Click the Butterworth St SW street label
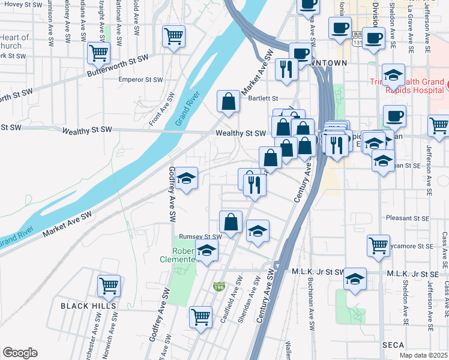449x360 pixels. pyautogui.click(x=118, y=65)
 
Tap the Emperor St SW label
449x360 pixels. pyautogui.click(x=141, y=80)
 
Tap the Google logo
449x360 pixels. pyautogui.click(x=20, y=353)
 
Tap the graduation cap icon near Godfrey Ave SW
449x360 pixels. pyautogui.click(x=187, y=178)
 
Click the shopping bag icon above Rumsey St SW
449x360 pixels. pyautogui.click(x=231, y=221)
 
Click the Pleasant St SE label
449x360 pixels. pyautogui.click(x=407, y=218)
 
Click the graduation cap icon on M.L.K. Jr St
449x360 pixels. pyautogui.click(x=355, y=278)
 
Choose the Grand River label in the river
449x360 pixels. pyautogui.click(x=187, y=109)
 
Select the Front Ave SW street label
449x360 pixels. pyautogui.click(x=162, y=109)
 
